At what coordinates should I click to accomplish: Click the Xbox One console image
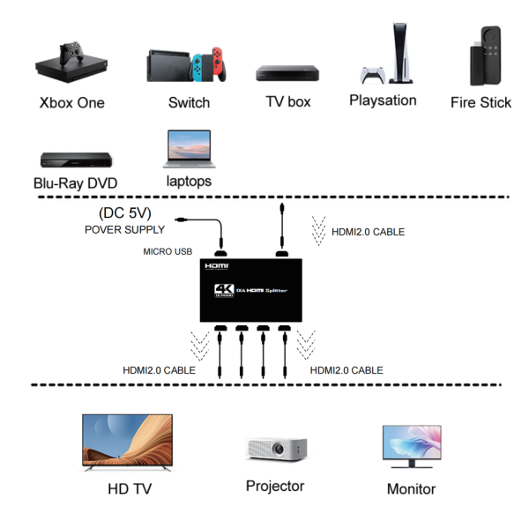pos(70,63)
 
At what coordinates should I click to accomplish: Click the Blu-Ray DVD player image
pos(76,160)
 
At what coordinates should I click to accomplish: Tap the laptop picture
pos(188,150)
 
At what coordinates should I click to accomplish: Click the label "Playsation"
pos(383,100)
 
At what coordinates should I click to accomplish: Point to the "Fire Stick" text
pos(481,102)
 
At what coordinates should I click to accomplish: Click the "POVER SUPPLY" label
pos(124,229)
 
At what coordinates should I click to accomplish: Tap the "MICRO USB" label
pos(168,252)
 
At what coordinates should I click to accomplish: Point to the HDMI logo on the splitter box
pos(217,265)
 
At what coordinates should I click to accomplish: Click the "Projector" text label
pos(275,486)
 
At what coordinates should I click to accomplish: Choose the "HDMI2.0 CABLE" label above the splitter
pos(368,232)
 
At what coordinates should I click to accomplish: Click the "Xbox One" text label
pos(71,102)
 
